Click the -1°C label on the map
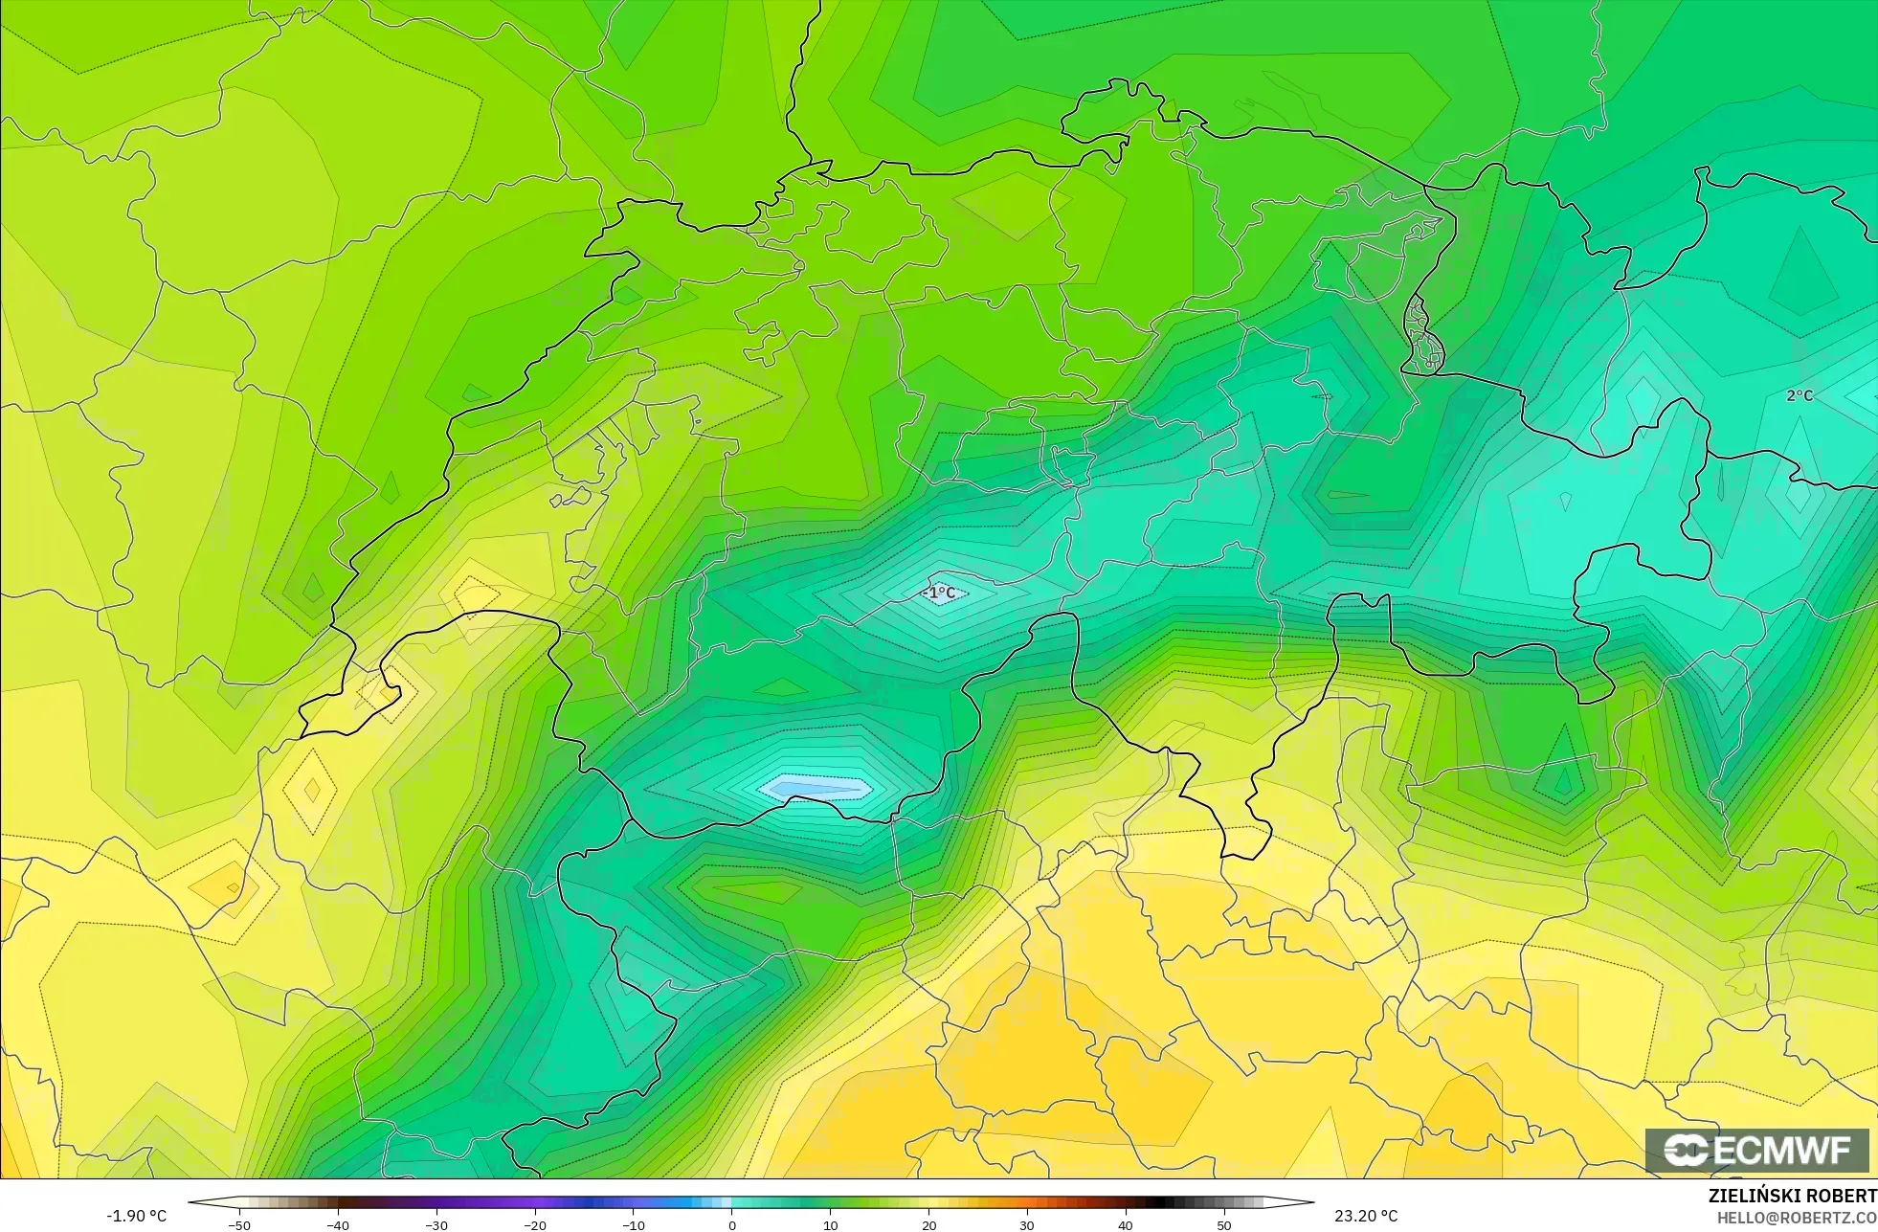(939, 593)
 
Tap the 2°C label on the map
(1800, 395)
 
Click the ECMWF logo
(1756, 1150)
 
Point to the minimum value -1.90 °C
(136, 1216)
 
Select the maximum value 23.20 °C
(1366, 1216)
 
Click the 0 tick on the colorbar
(732, 1224)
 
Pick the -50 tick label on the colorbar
(238, 1225)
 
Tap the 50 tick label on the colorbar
(1223, 1225)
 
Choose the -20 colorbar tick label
(534, 1225)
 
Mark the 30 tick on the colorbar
(1027, 1224)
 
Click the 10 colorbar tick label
(830, 1225)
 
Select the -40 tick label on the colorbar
(337, 1225)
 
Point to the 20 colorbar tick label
(928, 1225)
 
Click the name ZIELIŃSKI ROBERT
(1792, 1196)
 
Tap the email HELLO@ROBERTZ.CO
(1796, 1218)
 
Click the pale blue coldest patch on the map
(816, 789)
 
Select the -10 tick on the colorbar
(633, 1224)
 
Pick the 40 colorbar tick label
(1125, 1225)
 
